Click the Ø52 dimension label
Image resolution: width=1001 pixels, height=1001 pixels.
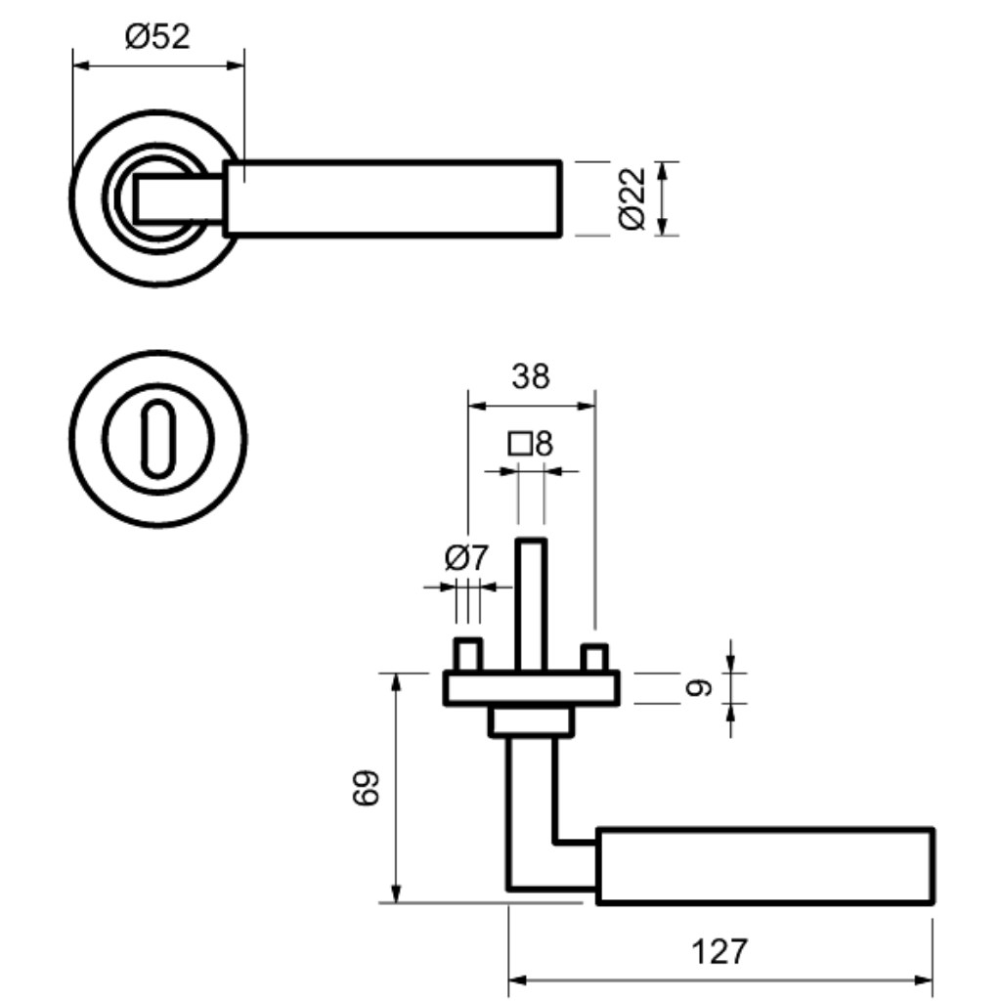pos(157,36)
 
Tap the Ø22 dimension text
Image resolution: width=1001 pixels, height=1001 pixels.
pos(632,198)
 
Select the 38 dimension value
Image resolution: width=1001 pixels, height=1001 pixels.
pos(531,376)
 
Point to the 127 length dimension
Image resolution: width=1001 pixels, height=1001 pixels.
pos(718,952)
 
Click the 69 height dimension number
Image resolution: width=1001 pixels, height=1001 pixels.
pos(367,788)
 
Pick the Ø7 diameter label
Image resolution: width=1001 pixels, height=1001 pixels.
pos(466,558)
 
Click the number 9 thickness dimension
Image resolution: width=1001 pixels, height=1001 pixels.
pos(697,687)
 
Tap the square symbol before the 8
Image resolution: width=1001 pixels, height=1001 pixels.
pos(520,444)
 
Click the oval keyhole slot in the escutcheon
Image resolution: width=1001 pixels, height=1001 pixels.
pos(157,439)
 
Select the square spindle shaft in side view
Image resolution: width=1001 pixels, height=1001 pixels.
pos(531,604)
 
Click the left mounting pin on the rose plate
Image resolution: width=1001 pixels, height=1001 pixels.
pos(468,654)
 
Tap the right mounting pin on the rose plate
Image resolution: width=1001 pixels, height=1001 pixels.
pos(593,658)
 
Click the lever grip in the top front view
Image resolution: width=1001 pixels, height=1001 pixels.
pos(392,198)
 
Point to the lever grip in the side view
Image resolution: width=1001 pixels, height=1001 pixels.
pos(765,866)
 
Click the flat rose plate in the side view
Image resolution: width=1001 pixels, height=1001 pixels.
pos(531,687)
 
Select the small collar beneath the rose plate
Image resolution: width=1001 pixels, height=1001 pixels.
pos(531,721)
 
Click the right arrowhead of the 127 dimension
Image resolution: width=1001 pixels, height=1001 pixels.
pos(923,979)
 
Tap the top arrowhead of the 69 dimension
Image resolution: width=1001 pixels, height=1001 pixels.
pos(396,683)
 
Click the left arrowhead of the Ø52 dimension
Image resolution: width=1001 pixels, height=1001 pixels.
pos(83,65)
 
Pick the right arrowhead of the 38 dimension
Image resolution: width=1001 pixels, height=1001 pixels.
pos(586,406)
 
